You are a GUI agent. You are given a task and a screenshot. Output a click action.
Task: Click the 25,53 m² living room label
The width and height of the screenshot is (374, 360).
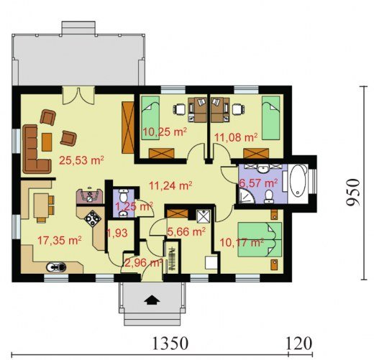point(81,160)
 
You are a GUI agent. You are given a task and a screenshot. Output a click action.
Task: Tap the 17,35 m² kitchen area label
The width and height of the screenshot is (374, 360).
point(60,240)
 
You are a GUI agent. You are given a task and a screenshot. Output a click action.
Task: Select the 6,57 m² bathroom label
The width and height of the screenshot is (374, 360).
point(259,183)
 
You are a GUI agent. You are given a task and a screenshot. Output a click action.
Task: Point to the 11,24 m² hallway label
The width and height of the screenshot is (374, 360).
point(170,185)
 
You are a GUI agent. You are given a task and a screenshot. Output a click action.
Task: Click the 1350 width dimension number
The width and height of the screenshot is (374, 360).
point(170,343)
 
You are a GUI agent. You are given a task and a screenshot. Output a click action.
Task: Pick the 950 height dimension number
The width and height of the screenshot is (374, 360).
point(353,192)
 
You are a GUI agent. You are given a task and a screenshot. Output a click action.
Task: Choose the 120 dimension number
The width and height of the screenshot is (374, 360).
point(299,343)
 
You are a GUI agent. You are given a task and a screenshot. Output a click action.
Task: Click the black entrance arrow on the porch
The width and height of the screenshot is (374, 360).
point(152,300)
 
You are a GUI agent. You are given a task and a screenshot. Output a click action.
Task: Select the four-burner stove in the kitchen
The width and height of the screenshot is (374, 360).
point(93,218)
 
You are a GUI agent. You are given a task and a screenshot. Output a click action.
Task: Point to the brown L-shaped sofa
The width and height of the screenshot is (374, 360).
point(36,149)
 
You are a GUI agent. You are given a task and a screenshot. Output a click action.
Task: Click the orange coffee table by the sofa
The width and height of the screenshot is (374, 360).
point(47,142)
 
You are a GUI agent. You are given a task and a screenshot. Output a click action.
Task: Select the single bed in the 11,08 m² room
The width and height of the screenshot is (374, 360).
point(270,118)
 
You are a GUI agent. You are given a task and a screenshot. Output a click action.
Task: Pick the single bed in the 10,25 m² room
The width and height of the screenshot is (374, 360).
point(150,118)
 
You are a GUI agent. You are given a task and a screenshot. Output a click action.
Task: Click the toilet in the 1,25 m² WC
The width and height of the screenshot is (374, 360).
point(124,195)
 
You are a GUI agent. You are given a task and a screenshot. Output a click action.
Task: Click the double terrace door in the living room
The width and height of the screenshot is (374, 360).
point(78,96)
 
